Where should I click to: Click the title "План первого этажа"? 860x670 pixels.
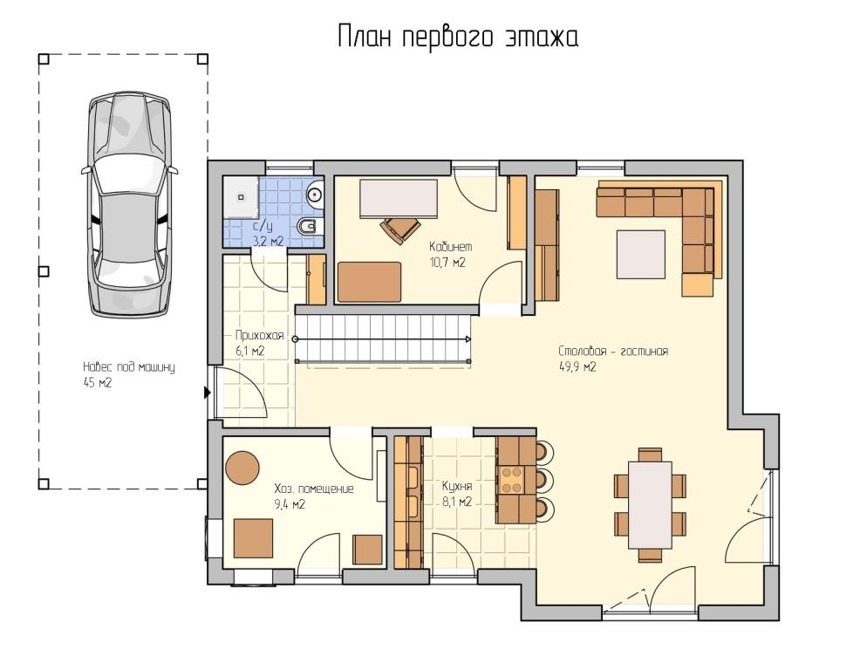[457, 38]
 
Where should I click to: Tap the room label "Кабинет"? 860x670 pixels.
[450, 247]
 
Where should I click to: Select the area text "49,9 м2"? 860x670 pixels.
[577, 367]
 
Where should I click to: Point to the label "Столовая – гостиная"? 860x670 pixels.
[613, 352]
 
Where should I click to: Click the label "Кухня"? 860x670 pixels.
[457, 486]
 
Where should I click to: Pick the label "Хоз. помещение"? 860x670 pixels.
[314, 489]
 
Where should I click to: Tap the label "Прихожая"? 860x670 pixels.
[259, 335]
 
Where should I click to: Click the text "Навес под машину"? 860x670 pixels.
[129, 367]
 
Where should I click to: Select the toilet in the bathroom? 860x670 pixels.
[310, 226]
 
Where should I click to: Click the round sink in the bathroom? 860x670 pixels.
[316, 194]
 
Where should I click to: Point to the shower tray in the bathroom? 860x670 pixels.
[240, 196]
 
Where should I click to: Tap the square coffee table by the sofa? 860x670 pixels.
[640, 255]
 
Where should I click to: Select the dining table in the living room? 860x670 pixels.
[650, 505]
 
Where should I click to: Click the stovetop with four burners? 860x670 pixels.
[511, 479]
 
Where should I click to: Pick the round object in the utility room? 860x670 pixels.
[242, 467]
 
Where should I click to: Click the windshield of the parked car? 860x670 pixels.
[129, 172]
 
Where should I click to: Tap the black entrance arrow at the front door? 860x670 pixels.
[207, 393]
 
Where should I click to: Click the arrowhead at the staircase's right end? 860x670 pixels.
[468, 339]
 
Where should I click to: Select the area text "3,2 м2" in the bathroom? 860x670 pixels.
[268, 240]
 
